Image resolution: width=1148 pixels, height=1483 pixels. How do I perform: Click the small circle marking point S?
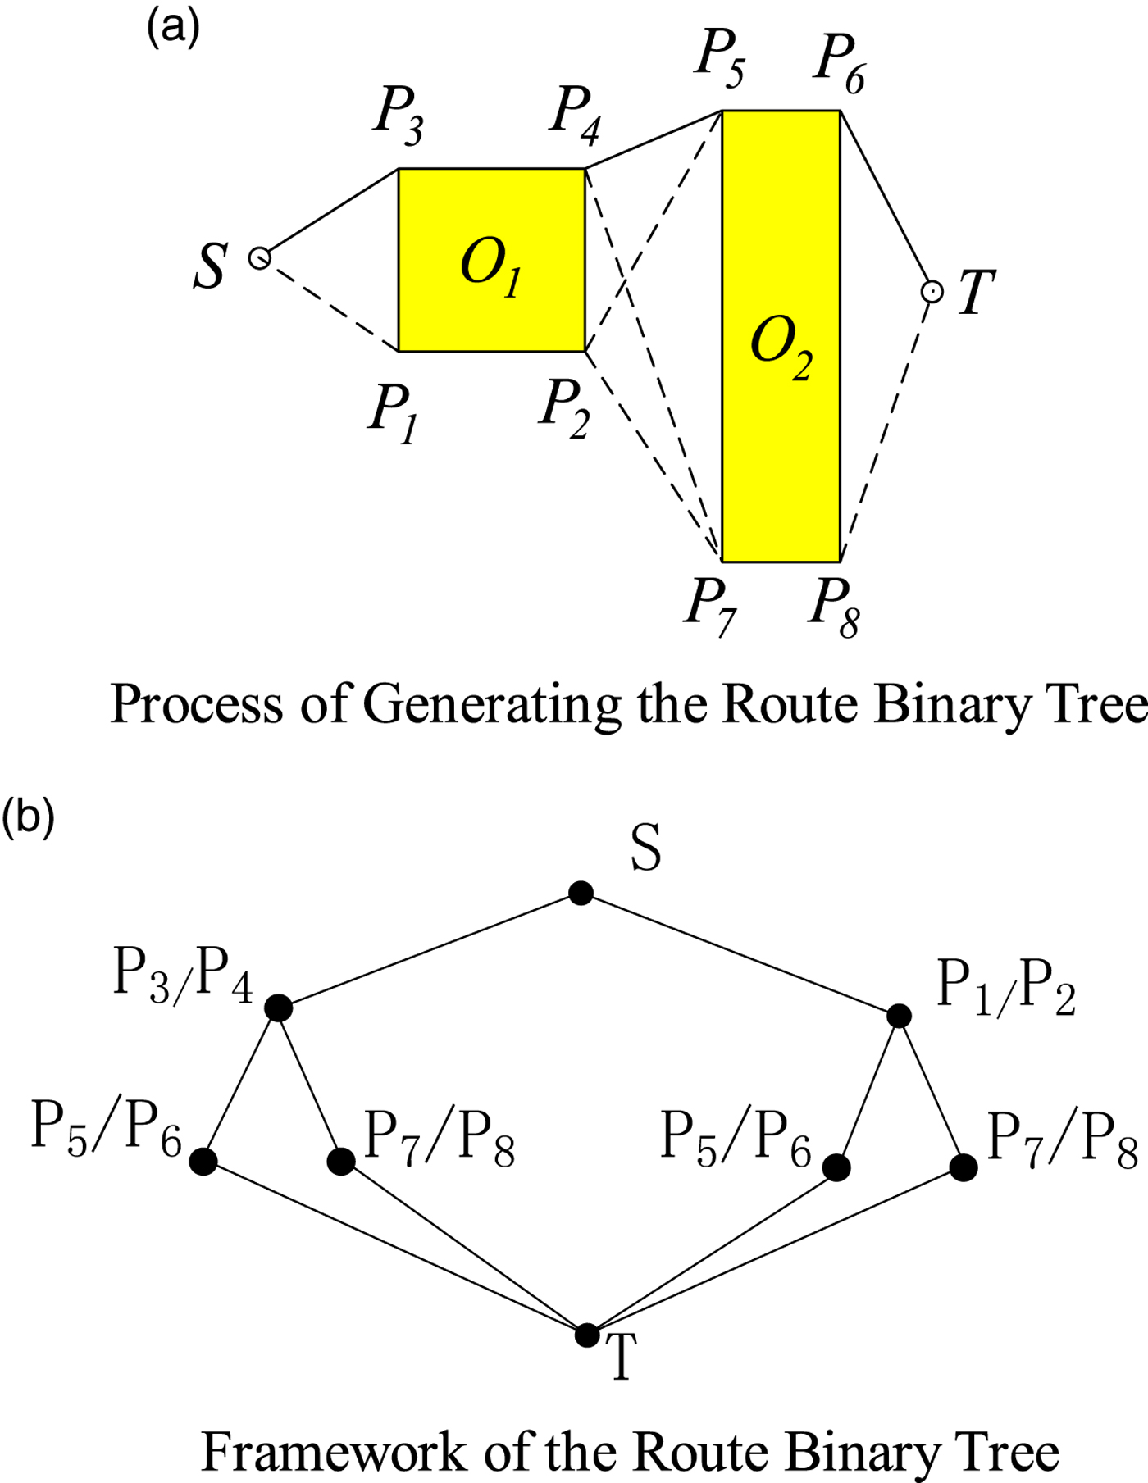259,259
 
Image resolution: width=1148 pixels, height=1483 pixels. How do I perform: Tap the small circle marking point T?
932,291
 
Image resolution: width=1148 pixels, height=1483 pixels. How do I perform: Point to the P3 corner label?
399,116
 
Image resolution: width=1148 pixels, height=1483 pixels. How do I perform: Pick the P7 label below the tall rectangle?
710,607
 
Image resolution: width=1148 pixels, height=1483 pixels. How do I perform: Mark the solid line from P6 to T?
886,200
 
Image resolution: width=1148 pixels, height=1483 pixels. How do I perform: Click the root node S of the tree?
581,893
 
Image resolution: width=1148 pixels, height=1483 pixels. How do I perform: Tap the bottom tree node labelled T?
587,1335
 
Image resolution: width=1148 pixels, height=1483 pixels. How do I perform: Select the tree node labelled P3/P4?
279,1008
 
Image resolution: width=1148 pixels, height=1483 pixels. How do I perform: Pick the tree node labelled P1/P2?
899,1016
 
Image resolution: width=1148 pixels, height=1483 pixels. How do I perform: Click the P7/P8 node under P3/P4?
341,1161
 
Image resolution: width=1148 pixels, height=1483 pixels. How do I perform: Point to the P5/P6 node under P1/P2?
836,1167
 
